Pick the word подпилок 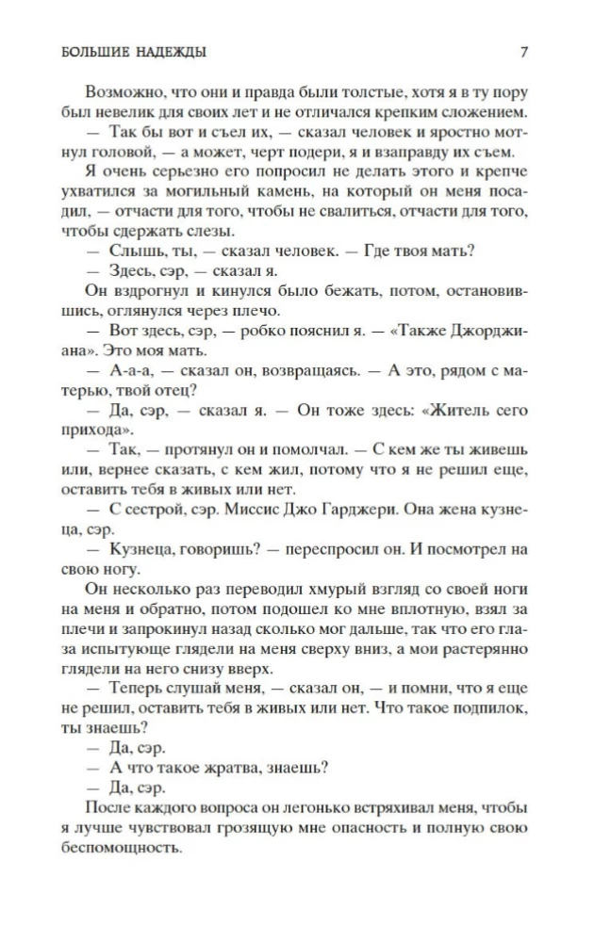[x=485, y=717]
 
